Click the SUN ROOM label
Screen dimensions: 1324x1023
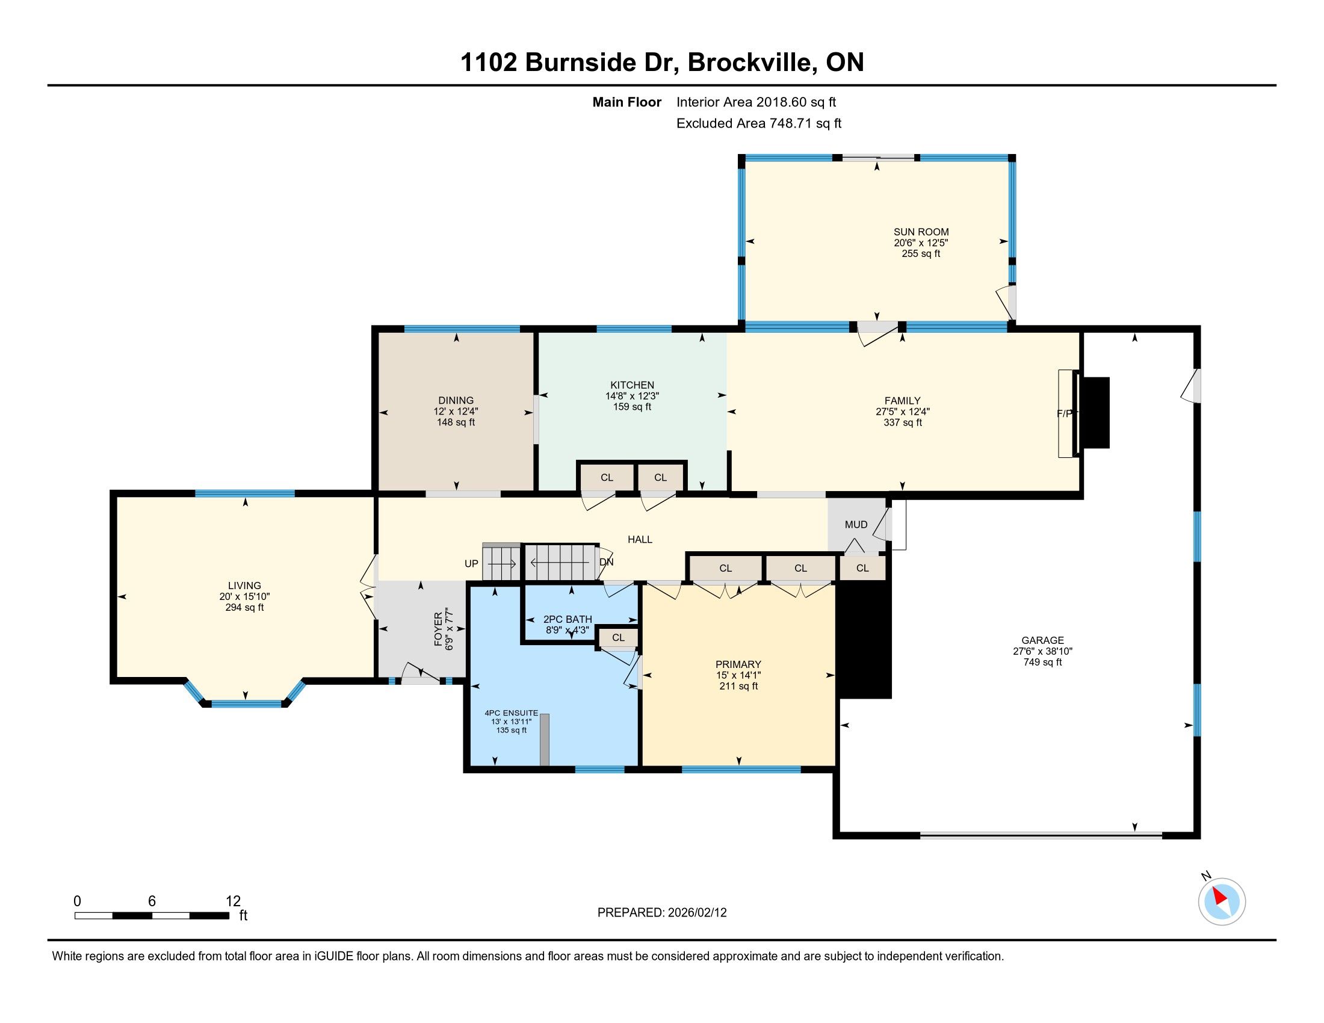tap(921, 232)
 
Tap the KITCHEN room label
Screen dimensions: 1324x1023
tap(633, 386)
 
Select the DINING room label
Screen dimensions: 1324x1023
tap(456, 401)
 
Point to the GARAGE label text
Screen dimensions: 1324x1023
tap(1043, 641)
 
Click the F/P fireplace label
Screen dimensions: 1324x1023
tap(1065, 414)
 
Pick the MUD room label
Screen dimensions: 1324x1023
tap(856, 525)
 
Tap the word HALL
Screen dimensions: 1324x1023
tap(640, 540)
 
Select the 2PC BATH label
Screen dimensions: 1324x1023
tap(568, 619)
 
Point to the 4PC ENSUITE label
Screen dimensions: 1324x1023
tap(511, 713)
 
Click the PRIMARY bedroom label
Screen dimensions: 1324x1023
tap(738, 664)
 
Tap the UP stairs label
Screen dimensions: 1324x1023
tap(471, 564)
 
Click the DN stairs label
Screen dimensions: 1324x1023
tap(606, 563)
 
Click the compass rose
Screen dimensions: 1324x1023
tap(1222, 901)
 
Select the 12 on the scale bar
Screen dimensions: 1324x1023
tap(233, 901)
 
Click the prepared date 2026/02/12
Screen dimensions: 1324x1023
tap(697, 913)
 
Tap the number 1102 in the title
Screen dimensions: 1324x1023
tap(489, 63)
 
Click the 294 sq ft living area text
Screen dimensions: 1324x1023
tap(244, 608)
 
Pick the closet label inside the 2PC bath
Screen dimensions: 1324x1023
tap(618, 637)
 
